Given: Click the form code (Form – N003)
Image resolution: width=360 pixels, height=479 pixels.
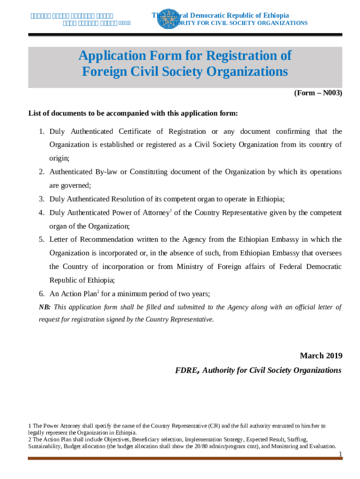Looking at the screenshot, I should point(318,93).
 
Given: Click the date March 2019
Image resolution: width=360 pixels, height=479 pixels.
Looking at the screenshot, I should point(321,356).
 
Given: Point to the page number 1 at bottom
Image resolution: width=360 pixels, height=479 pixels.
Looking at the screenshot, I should point(341,454).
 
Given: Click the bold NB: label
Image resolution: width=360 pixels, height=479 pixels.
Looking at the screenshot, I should point(44,307).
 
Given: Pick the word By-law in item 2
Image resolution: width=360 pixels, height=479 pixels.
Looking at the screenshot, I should point(107,172).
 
